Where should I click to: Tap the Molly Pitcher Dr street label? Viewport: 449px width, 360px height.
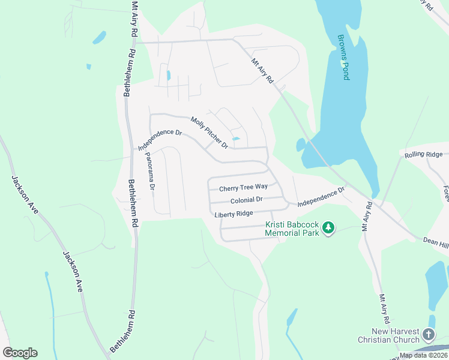pyautogui.click(x=209, y=133)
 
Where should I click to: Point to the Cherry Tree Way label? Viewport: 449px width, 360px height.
pyautogui.click(x=243, y=188)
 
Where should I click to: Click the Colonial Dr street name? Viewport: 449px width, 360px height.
pyautogui.click(x=246, y=200)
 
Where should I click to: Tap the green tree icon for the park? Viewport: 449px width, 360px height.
pyautogui.click(x=328, y=227)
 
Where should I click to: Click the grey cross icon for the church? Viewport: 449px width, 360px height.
pyautogui.click(x=429, y=334)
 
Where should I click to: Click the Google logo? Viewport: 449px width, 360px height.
pyautogui.click(x=20, y=353)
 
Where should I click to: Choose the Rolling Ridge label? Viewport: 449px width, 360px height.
pyautogui.click(x=423, y=155)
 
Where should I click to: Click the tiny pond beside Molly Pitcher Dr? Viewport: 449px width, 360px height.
pyautogui.click(x=236, y=140)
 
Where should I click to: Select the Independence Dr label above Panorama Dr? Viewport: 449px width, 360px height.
pyautogui.click(x=160, y=139)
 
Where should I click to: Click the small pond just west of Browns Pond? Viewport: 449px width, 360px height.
pyautogui.click(x=301, y=145)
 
